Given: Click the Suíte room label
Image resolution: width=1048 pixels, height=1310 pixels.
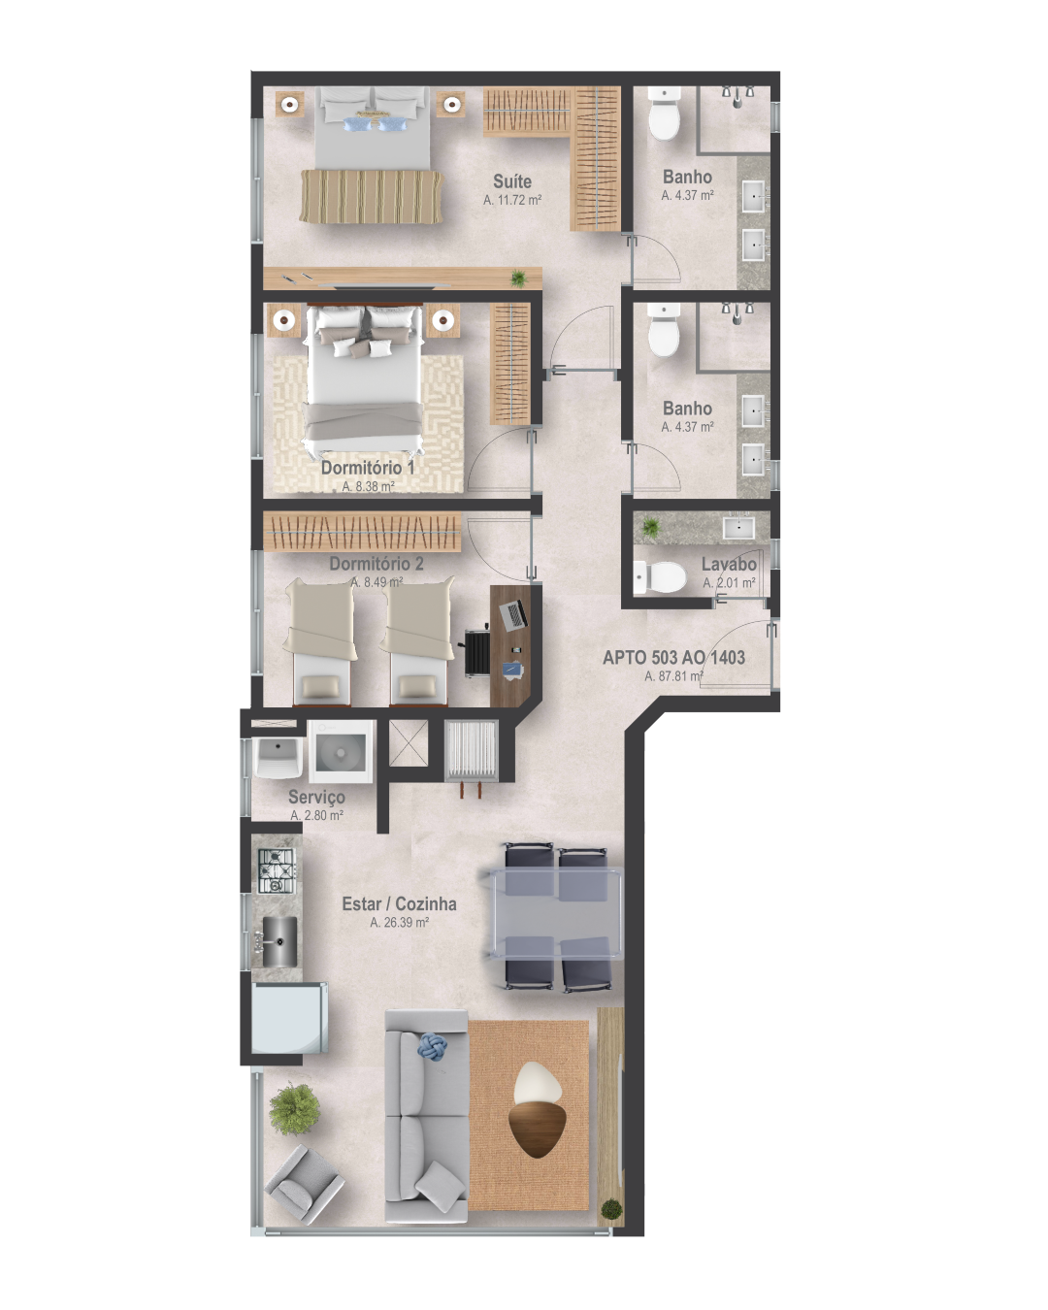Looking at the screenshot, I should pyautogui.click(x=512, y=181).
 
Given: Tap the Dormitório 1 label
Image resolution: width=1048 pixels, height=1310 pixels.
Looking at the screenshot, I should pyautogui.click(x=368, y=468).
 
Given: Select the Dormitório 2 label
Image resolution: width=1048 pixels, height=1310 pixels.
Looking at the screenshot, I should pyautogui.click(x=377, y=564).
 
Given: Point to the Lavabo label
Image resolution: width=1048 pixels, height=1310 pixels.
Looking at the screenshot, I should pyautogui.click(x=729, y=564).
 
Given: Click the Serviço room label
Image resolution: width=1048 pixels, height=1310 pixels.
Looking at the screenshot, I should pyautogui.click(x=316, y=797).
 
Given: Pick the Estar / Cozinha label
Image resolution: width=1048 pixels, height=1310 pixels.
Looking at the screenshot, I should pyautogui.click(x=399, y=903).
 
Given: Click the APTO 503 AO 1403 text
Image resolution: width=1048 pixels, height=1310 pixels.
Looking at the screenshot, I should pyautogui.click(x=673, y=657).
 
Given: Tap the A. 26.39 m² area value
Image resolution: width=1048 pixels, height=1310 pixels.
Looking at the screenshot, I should pyautogui.click(x=399, y=923).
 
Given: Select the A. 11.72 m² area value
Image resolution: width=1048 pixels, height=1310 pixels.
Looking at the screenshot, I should pyautogui.click(x=512, y=200).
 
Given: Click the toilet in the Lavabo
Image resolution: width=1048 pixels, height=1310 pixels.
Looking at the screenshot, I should pyautogui.click(x=660, y=577).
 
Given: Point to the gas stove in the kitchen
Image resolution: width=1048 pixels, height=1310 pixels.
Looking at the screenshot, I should pyautogui.click(x=276, y=870).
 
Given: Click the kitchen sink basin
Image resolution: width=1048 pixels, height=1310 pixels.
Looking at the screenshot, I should pyautogui.click(x=279, y=940).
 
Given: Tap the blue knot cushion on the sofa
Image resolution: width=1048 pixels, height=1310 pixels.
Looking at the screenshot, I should pyautogui.click(x=432, y=1046).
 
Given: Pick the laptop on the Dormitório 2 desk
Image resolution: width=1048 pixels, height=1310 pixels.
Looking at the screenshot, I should pyautogui.click(x=513, y=613).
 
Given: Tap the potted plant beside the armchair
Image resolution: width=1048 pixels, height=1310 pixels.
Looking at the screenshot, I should pyautogui.click(x=294, y=1108).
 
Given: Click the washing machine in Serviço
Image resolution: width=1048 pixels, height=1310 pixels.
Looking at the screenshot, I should pyautogui.click(x=341, y=751).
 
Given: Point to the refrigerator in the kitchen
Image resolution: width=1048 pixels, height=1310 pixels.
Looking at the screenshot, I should pyautogui.click(x=288, y=1018).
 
